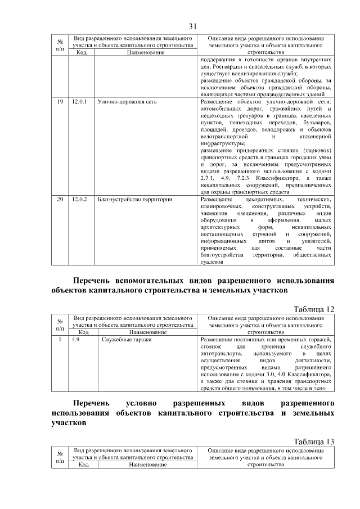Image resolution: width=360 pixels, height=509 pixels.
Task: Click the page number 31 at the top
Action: click(x=192, y=26)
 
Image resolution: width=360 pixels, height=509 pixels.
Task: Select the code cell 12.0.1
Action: click(x=78, y=102)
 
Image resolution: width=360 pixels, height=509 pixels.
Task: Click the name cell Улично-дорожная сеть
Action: click(x=127, y=102)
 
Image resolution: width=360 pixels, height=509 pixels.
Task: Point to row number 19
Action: click(x=60, y=102)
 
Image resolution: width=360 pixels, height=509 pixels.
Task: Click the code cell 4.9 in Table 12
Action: click(x=75, y=340)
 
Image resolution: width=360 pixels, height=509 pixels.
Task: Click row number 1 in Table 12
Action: click(x=60, y=340)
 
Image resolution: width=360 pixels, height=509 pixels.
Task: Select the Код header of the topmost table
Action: click(x=81, y=52)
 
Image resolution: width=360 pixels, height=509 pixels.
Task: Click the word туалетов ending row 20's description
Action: click(x=211, y=262)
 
